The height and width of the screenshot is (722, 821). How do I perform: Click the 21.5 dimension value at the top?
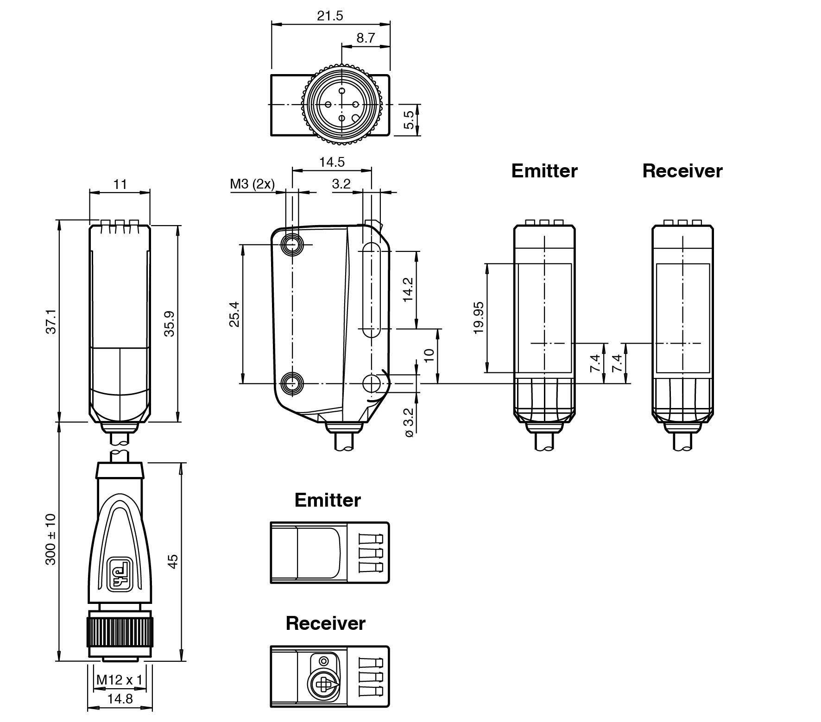point(330,16)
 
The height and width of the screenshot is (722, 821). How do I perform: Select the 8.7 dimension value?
point(366,38)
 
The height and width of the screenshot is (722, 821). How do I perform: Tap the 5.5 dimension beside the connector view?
point(409,119)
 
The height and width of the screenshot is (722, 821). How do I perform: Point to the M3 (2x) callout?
point(252,184)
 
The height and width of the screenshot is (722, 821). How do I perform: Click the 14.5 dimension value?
point(332,162)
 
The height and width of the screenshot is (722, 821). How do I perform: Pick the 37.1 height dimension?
point(51,321)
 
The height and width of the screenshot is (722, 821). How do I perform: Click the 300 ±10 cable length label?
point(51,539)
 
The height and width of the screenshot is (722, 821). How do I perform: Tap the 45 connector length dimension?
point(172,561)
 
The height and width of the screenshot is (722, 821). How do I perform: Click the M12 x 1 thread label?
point(120,680)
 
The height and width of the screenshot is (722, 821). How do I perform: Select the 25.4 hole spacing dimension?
point(234,314)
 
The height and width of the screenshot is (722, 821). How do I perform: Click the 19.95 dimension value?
point(479,318)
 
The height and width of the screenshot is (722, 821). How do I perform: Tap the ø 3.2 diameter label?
point(409,422)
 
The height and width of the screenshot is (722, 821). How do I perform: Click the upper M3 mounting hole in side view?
point(292,245)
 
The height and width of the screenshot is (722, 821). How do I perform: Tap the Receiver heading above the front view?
point(682,171)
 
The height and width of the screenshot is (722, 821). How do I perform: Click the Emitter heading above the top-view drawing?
point(328,500)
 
